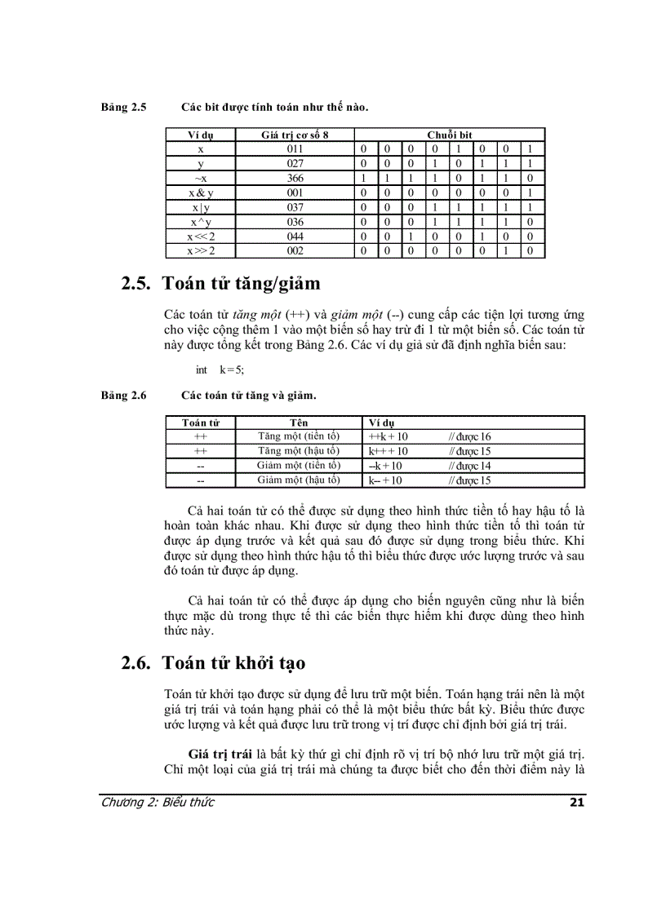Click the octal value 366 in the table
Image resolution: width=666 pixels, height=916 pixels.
pos(295,178)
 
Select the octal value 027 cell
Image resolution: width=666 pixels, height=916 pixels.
pos(295,164)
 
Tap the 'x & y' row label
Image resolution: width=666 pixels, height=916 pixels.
pos(201,192)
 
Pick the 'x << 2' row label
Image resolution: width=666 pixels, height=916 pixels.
pos(201,236)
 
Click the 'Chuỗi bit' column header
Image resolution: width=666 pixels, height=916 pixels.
pos(450,135)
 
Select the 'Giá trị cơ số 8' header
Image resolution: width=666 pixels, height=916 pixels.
pos(295,135)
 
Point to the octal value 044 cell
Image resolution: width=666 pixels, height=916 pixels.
pos(295,236)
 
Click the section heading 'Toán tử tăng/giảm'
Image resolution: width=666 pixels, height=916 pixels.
pos(241,284)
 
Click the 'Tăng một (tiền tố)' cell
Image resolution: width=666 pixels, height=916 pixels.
pos(299,436)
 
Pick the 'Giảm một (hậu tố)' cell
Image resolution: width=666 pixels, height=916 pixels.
pos(299,480)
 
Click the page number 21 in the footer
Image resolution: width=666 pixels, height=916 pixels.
pos(576,803)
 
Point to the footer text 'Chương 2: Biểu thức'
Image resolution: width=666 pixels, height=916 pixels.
pos(157,803)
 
